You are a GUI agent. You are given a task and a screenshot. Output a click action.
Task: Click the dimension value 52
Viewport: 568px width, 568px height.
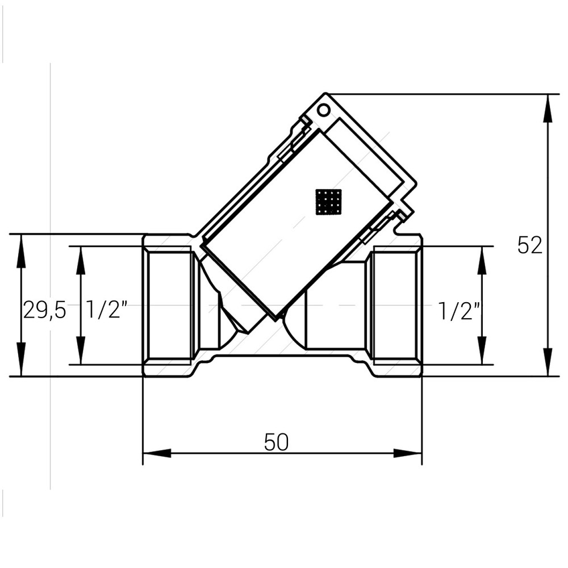tap(529, 245)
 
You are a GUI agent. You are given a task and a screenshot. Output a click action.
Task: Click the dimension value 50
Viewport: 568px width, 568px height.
tap(277, 442)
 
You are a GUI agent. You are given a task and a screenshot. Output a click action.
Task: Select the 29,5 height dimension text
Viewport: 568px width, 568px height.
tap(44, 311)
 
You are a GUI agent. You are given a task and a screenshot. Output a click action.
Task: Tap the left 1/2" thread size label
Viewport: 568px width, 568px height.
tap(106, 311)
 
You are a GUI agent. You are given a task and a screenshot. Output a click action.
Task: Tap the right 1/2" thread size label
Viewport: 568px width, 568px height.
tap(460, 311)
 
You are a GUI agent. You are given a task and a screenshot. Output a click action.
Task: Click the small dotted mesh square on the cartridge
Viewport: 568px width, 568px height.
tap(328, 202)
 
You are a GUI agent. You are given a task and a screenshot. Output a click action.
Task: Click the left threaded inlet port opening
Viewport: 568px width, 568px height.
tap(169, 305)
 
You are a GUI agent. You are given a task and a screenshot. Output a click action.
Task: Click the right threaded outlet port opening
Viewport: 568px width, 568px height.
tap(396, 305)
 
